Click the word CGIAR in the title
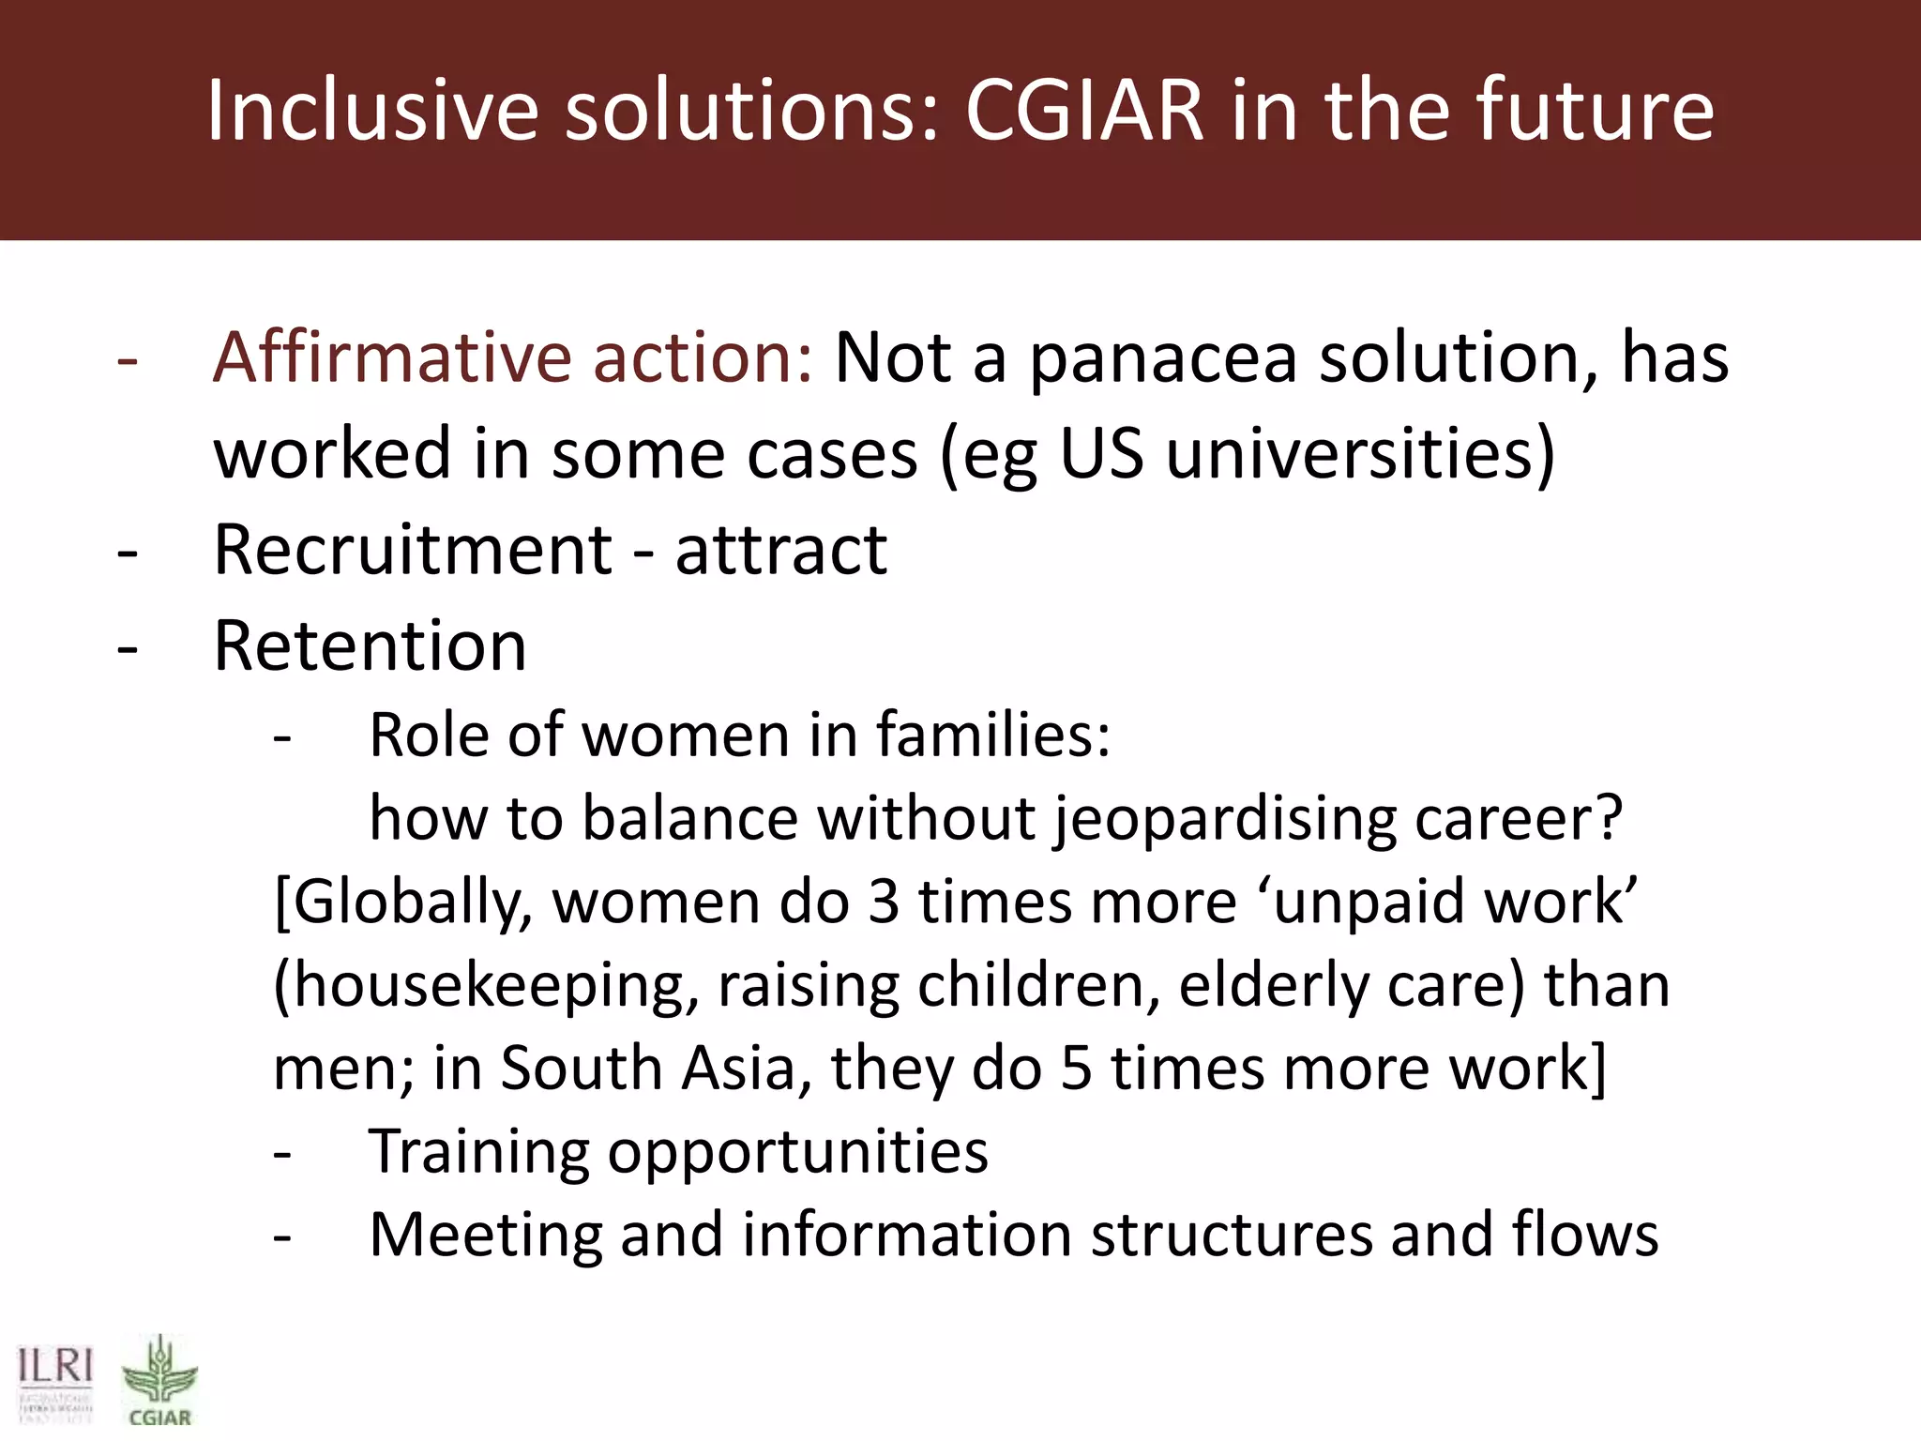click(1084, 111)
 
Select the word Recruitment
click(413, 550)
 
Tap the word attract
click(780, 550)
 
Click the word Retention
click(370, 646)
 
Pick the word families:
click(993, 735)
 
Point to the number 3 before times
click(883, 902)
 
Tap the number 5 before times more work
click(1076, 1068)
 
